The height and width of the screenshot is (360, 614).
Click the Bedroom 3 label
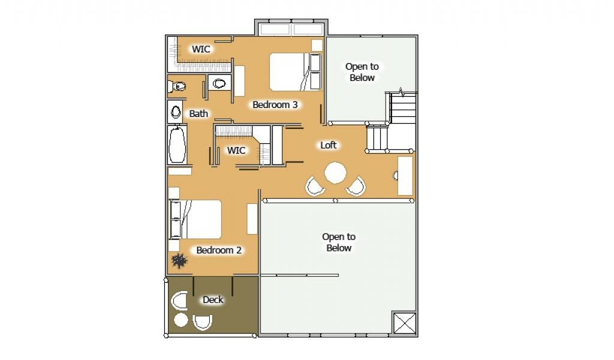click(275, 104)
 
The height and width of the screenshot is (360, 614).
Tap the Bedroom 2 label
click(219, 250)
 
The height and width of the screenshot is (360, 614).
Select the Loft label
click(328, 145)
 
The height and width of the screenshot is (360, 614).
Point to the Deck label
click(213, 299)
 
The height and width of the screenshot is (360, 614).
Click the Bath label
click(198, 113)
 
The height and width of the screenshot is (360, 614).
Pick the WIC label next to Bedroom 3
click(201, 49)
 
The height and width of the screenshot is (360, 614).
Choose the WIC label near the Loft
click(236, 151)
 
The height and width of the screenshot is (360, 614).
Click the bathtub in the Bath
click(177, 144)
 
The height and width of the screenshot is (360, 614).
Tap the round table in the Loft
click(336, 173)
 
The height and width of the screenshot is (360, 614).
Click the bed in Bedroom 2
click(195, 220)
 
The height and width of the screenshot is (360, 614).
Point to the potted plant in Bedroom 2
click(179, 260)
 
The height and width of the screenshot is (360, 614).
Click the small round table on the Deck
click(180, 320)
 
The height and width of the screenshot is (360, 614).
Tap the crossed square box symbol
click(404, 323)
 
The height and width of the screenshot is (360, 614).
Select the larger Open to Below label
click(339, 242)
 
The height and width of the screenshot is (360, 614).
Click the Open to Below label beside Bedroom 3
click(362, 72)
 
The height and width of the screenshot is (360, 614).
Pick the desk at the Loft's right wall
click(405, 176)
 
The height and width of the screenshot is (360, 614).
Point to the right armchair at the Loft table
click(356, 187)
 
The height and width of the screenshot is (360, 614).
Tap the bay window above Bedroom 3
click(291, 29)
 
